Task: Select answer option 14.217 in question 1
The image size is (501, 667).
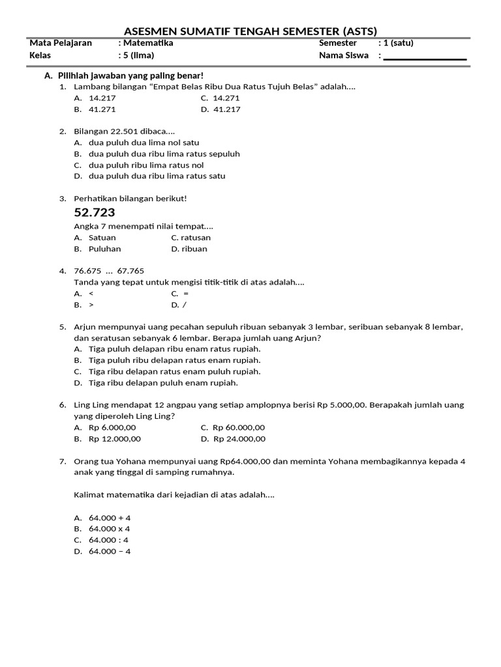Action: [102, 98]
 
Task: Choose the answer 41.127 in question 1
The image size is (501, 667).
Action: [226, 109]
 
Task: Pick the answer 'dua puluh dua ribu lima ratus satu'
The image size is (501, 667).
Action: [157, 176]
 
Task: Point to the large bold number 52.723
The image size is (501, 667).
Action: [95, 212]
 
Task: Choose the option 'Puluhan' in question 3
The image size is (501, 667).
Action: [104, 249]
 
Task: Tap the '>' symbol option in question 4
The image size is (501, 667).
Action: [91, 305]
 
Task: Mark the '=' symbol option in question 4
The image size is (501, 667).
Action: [186, 294]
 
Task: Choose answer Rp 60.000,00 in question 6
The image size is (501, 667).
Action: [241, 428]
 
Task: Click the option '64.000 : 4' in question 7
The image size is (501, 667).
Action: [108, 540]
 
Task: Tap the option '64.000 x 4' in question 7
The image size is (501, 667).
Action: [109, 529]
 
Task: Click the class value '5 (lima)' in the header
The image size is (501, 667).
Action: [138, 55]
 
